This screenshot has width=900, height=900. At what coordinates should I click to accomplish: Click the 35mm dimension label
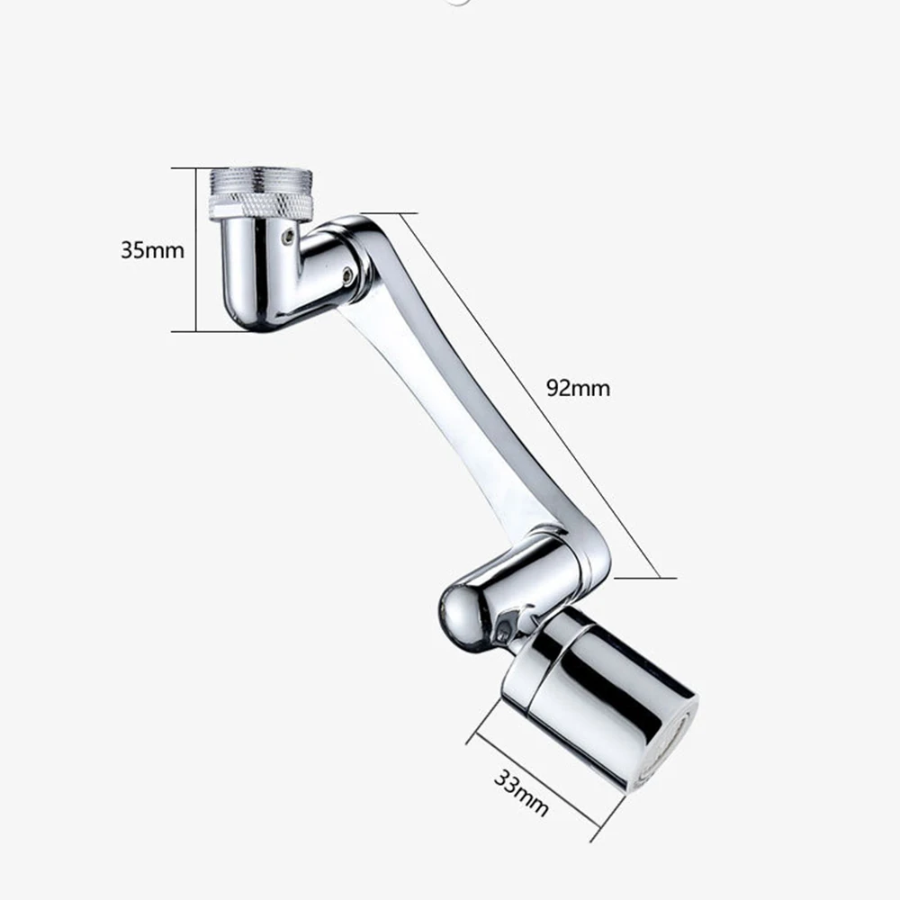(152, 249)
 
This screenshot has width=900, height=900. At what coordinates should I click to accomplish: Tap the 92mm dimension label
(578, 388)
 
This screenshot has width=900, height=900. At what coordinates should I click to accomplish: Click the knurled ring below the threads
(260, 209)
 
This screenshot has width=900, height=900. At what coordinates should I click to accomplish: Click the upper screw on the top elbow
(286, 236)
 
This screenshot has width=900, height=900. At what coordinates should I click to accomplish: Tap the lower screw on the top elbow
(347, 274)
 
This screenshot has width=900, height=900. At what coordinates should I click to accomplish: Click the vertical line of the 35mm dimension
(196, 249)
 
